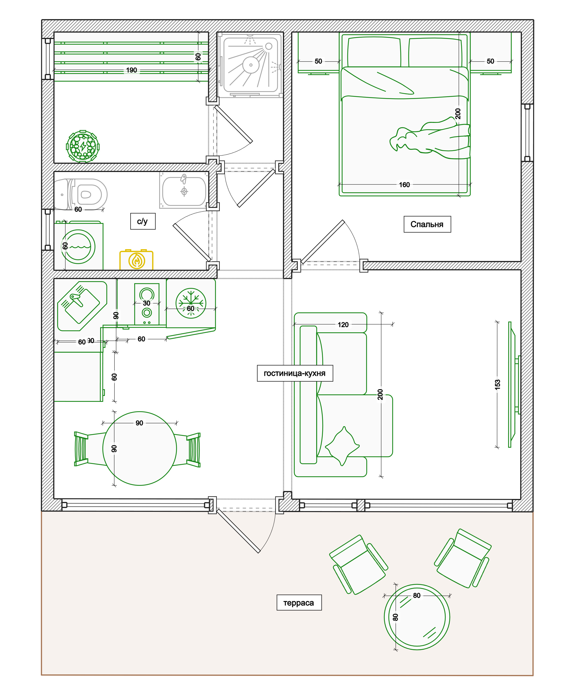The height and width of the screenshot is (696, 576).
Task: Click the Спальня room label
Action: click(x=427, y=224)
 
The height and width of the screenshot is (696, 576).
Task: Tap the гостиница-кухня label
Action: click(x=295, y=373)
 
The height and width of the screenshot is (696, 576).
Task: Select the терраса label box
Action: click(x=299, y=603)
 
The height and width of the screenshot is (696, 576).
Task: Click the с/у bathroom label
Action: click(x=143, y=221)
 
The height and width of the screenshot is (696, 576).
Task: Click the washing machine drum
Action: click(x=78, y=247)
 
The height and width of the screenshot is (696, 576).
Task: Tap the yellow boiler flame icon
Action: click(x=136, y=260)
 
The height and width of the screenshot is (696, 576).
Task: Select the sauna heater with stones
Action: click(x=83, y=146)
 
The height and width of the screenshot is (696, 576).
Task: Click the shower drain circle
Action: click(x=251, y=65)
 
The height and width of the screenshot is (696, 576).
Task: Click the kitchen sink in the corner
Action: click(x=82, y=306)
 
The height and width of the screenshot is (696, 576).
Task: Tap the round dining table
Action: click(x=139, y=448)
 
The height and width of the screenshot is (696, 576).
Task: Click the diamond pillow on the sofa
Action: click(x=342, y=446)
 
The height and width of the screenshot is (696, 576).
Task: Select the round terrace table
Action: click(x=417, y=617)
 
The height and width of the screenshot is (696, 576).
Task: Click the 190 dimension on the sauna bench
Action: click(x=132, y=70)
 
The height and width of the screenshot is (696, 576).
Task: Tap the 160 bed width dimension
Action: click(x=404, y=185)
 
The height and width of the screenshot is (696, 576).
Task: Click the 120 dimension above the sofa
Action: click(x=343, y=324)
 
